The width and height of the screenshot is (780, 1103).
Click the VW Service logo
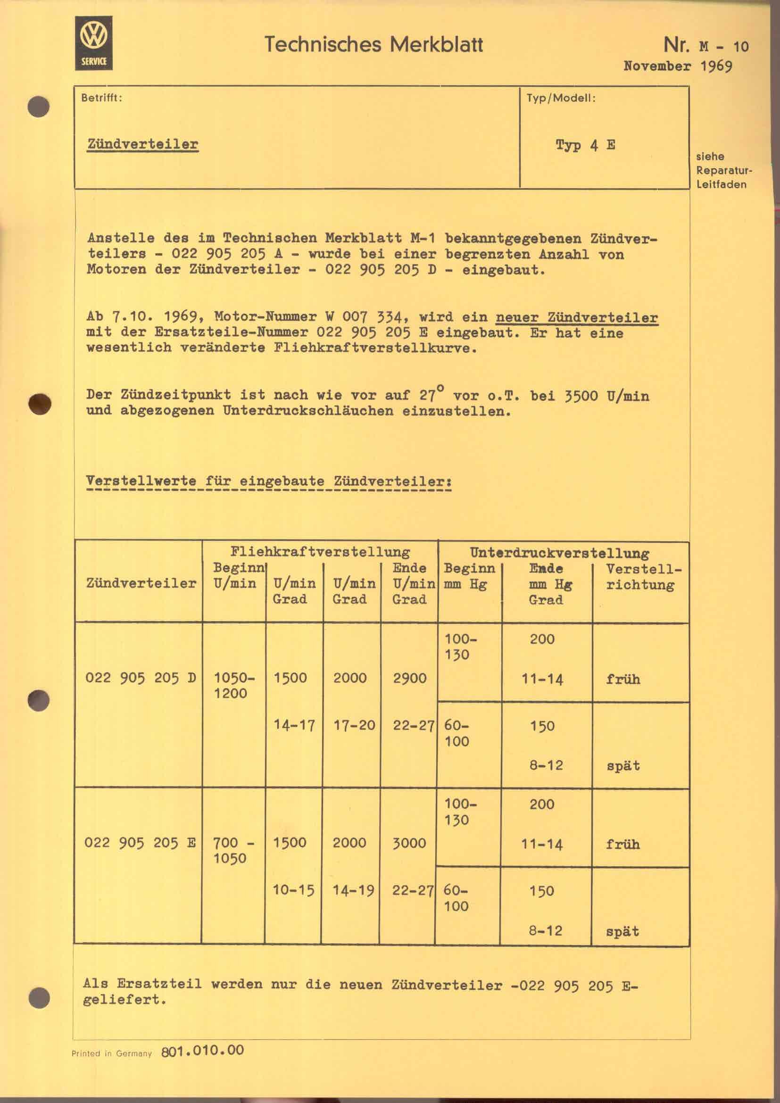94,43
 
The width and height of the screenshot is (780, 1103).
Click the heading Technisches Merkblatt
373,45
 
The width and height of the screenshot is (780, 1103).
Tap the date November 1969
677,66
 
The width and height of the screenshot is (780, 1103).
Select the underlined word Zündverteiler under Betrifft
142,144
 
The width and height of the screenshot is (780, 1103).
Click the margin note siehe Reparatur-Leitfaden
722,171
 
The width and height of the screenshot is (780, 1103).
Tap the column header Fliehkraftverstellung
320,552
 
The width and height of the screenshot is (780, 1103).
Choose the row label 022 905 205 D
140,678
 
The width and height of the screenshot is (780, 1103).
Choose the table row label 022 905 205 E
140,843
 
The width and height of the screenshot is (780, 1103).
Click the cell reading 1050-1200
233,686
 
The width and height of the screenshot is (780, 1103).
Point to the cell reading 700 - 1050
233,850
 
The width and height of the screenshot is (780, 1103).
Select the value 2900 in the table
409,678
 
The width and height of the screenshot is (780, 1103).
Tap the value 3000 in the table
409,843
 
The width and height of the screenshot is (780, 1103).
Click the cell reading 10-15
293,890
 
